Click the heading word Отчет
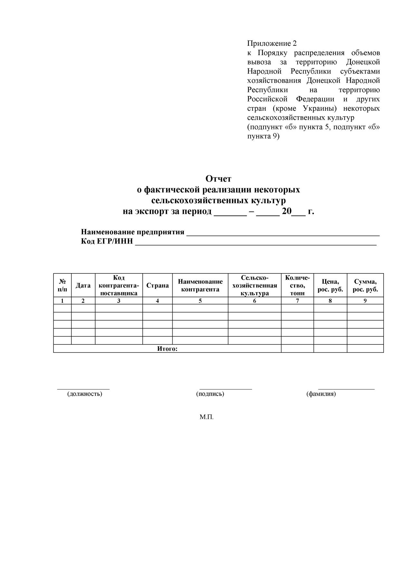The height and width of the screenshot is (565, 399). (218, 178)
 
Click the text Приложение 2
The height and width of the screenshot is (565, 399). (272, 43)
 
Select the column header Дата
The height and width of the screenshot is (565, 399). (83, 285)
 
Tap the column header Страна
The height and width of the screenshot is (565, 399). (157, 285)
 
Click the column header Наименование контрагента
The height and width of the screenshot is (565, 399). (200, 285)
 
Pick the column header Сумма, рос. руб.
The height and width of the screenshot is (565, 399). (365, 285)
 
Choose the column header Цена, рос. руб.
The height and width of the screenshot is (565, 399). (330, 285)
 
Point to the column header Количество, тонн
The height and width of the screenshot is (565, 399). (297, 285)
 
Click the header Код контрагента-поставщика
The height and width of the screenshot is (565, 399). (119, 285)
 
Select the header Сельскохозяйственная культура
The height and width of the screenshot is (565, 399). (255, 285)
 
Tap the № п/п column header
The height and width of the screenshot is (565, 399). (62, 285)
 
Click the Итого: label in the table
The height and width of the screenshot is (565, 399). (167, 349)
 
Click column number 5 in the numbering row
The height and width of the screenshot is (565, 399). (200, 301)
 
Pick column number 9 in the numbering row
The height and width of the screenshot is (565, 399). (365, 301)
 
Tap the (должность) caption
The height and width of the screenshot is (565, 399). (85, 394)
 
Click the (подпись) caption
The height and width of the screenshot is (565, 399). (210, 394)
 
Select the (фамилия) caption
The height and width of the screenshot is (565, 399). (321, 394)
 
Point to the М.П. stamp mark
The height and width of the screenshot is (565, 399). (206, 417)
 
